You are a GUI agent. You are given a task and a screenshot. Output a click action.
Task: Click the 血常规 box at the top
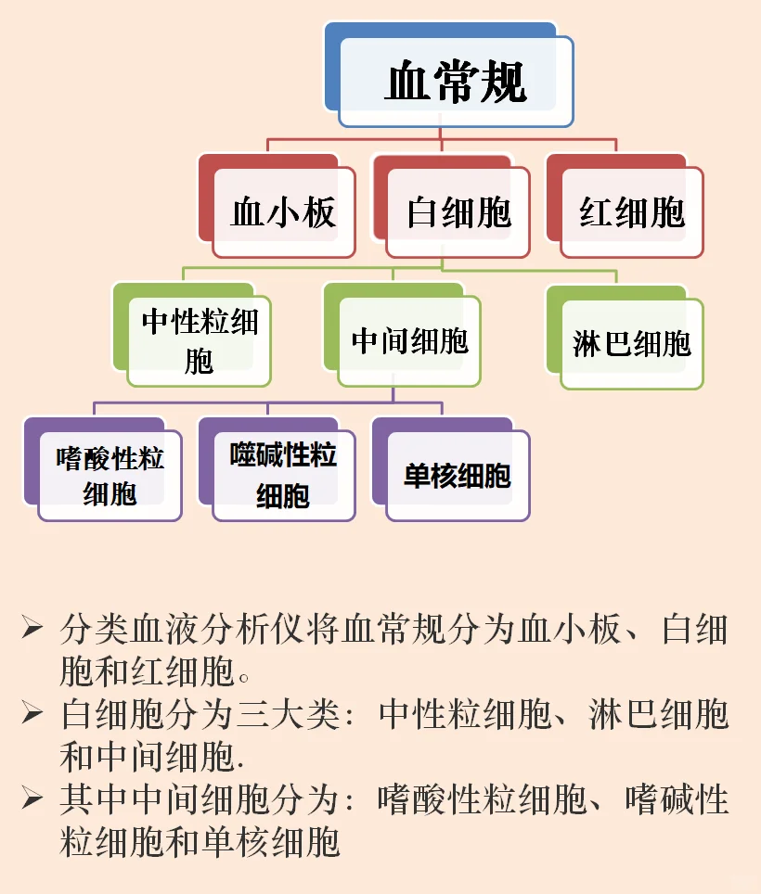[456, 82]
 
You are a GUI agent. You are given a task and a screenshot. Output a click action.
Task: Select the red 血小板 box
[283, 212]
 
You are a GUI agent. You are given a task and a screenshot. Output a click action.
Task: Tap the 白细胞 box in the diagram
[458, 212]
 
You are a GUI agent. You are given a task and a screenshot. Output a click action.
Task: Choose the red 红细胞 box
[632, 212]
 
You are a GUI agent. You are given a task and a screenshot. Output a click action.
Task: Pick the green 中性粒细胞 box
[200, 341]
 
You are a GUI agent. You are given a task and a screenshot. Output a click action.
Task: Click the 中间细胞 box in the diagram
[409, 341]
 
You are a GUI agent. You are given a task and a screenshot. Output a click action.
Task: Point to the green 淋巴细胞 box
[632, 343]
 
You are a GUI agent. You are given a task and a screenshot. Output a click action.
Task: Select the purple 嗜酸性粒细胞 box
[110, 475]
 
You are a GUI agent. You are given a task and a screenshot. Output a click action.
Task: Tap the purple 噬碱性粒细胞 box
[283, 474]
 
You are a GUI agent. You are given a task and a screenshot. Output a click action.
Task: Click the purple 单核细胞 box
[458, 476]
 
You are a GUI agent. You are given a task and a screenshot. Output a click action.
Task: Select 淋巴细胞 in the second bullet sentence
[659, 714]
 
